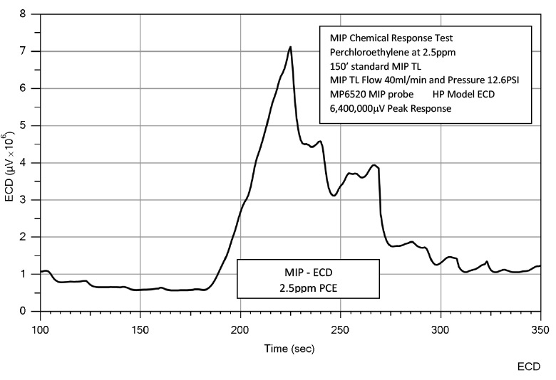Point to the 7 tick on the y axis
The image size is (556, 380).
[x=26, y=51]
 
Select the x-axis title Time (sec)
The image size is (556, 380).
[x=290, y=349]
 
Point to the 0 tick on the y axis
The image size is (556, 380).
[x=26, y=311]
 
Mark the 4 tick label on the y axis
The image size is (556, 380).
[x=26, y=162]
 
